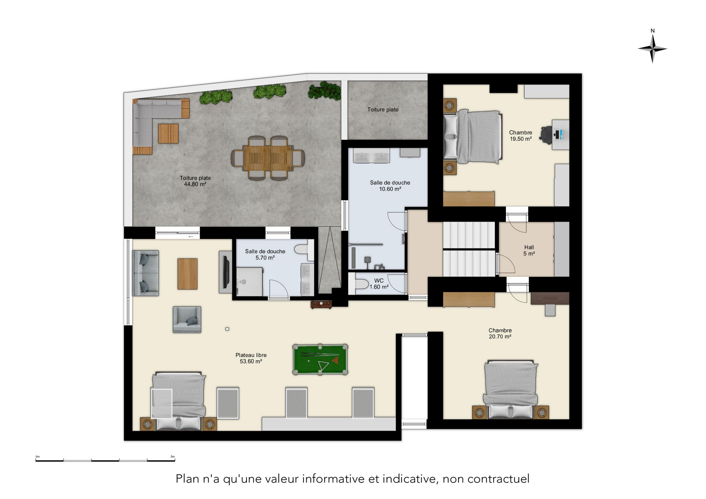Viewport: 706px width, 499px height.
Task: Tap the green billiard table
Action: point(320,359)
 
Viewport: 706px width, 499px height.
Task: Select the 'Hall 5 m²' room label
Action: point(529,250)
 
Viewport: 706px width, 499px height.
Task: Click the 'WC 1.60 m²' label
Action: point(379,284)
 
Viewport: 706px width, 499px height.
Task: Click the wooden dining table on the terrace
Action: point(268,158)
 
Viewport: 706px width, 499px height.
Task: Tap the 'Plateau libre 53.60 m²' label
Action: point(251,358)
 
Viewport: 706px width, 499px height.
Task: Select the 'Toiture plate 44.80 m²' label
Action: point(195,181)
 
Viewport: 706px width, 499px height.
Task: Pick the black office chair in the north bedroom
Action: point(546,134)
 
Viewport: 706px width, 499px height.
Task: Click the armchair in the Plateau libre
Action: point(187,320)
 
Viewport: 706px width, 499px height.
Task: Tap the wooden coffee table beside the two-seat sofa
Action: point(188,274)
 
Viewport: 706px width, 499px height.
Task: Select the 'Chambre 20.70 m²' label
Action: point(500,333)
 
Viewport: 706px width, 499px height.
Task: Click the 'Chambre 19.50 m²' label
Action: point(521,136)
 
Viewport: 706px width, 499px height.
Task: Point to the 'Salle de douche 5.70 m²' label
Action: point(265,254)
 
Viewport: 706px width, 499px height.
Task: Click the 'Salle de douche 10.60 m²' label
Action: point(390,186)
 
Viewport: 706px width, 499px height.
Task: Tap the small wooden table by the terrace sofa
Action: point(168,133)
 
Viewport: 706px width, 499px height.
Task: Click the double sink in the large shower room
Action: point(371,156)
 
